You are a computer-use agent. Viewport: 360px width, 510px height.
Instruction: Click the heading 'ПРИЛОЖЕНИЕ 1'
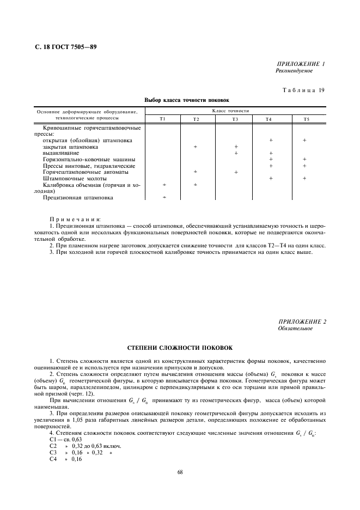point(301,64)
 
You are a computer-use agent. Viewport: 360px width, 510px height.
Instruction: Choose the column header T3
point(235,119)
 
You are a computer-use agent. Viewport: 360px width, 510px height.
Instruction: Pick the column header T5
point(307,119)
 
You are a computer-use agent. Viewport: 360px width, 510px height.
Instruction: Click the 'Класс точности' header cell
point(235,111)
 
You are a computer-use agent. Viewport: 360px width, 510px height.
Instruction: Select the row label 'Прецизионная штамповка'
point(78,198)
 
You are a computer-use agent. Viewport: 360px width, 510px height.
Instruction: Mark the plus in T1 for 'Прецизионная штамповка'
point(164,198)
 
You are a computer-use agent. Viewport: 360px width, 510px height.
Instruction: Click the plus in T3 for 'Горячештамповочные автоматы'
point(236,172)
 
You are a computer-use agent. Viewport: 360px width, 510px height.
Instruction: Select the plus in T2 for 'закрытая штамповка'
point(195,147)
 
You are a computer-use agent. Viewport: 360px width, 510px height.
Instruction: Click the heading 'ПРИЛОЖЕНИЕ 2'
point(302,321)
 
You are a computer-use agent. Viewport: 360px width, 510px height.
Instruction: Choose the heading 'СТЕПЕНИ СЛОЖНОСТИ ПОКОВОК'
point(179,347)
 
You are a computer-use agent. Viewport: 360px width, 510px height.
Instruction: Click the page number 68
point(180,472)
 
